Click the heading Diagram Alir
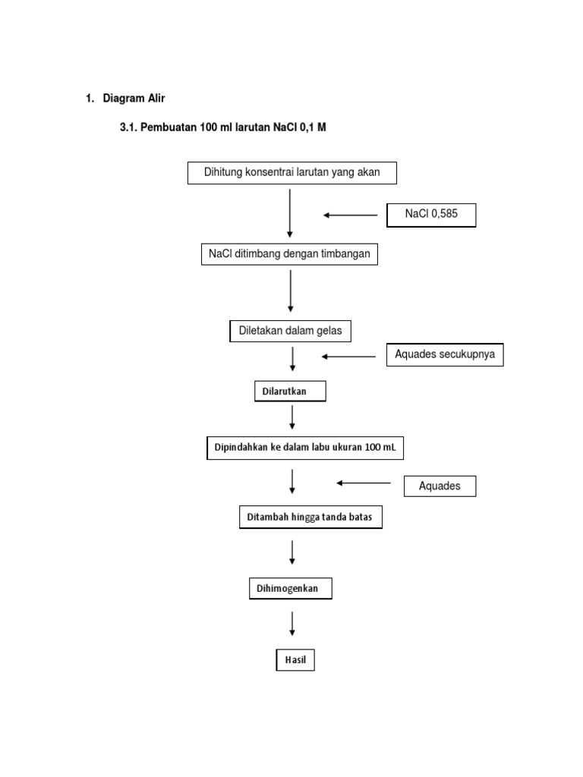(134, 99)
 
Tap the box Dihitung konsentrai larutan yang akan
(292, 173)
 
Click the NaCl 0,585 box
(431, 215)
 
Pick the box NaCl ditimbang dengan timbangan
(289, 254)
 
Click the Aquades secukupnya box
(445, 354)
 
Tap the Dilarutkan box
(290, 391)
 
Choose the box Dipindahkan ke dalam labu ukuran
(304, 448)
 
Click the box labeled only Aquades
(440, 486)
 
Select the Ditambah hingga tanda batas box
(310, 517)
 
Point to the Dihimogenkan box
(291, 589)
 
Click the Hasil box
(295, 660)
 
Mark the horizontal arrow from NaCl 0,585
(350, 215)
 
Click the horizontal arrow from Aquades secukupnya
(348, 356)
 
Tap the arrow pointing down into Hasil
(292, 624)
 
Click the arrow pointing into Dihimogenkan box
(292, 553)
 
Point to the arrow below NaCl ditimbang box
(291, 291)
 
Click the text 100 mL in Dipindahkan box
(380, 448)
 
